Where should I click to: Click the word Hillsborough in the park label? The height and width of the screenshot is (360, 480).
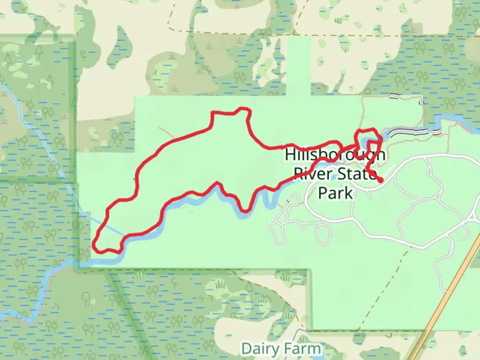click(335, 155)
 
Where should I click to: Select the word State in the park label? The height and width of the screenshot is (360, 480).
click(355, 174)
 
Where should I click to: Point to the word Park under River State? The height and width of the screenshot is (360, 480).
click(335, 193)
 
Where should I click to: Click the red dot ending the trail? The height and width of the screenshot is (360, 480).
click(380, 180)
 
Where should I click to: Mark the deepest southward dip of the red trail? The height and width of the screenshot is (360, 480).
click(245, 211)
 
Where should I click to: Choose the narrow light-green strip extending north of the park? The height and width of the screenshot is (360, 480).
click(299, 67)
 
